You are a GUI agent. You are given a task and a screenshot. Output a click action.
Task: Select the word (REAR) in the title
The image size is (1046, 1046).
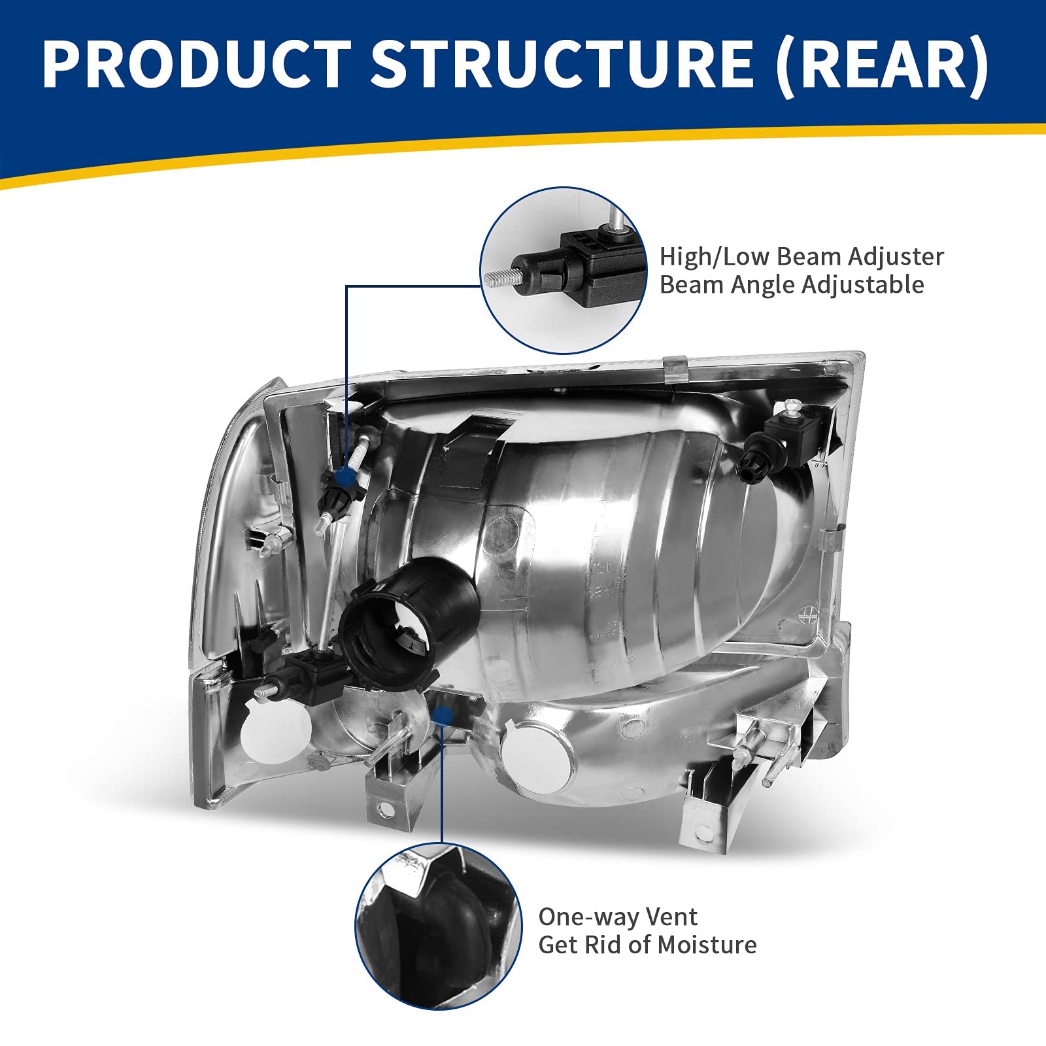881,64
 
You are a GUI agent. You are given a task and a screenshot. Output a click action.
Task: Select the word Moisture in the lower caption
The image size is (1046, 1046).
707,945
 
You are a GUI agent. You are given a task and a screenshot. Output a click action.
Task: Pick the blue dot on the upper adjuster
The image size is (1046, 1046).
342,475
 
